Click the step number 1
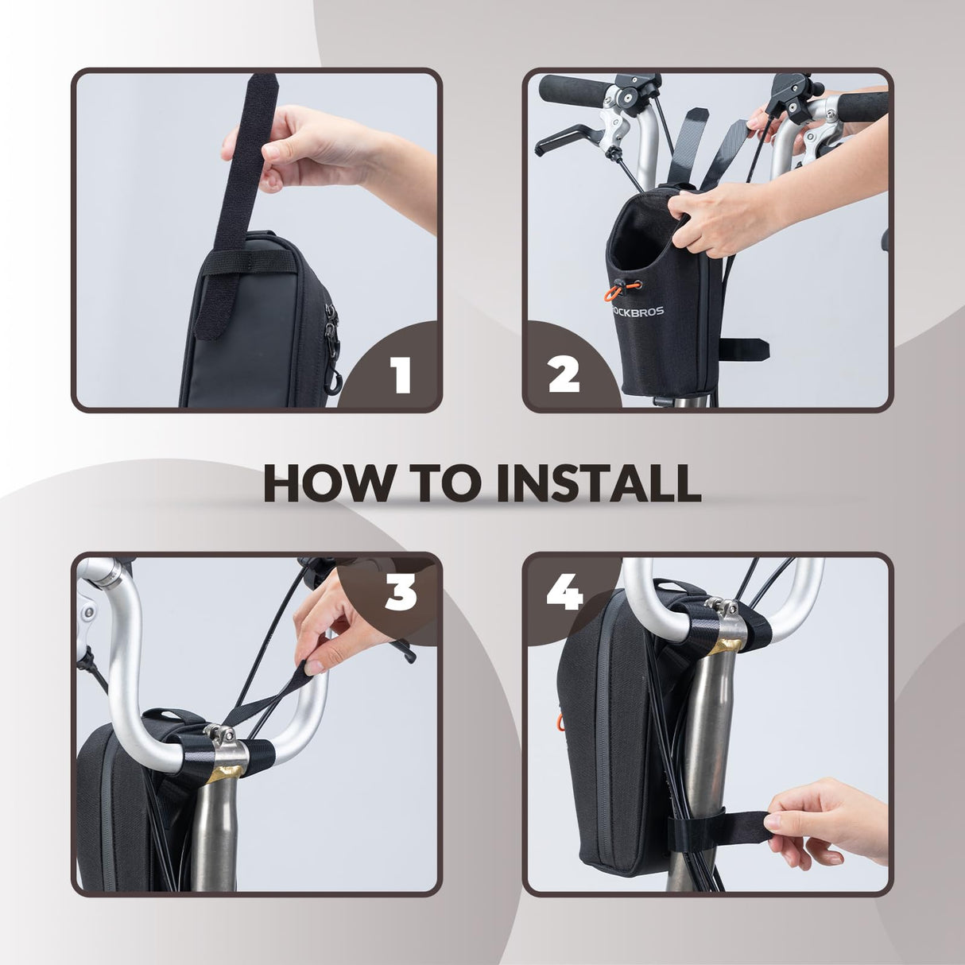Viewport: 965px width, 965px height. [x=402, y=374]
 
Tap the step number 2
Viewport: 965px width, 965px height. [x=564, y=374]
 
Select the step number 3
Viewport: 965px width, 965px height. [x=401, y=594]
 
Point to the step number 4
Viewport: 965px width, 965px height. [x=565, y=594]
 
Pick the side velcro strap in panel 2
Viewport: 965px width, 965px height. [x=744, y=349]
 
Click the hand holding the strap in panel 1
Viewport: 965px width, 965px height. [x=320, y=150]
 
